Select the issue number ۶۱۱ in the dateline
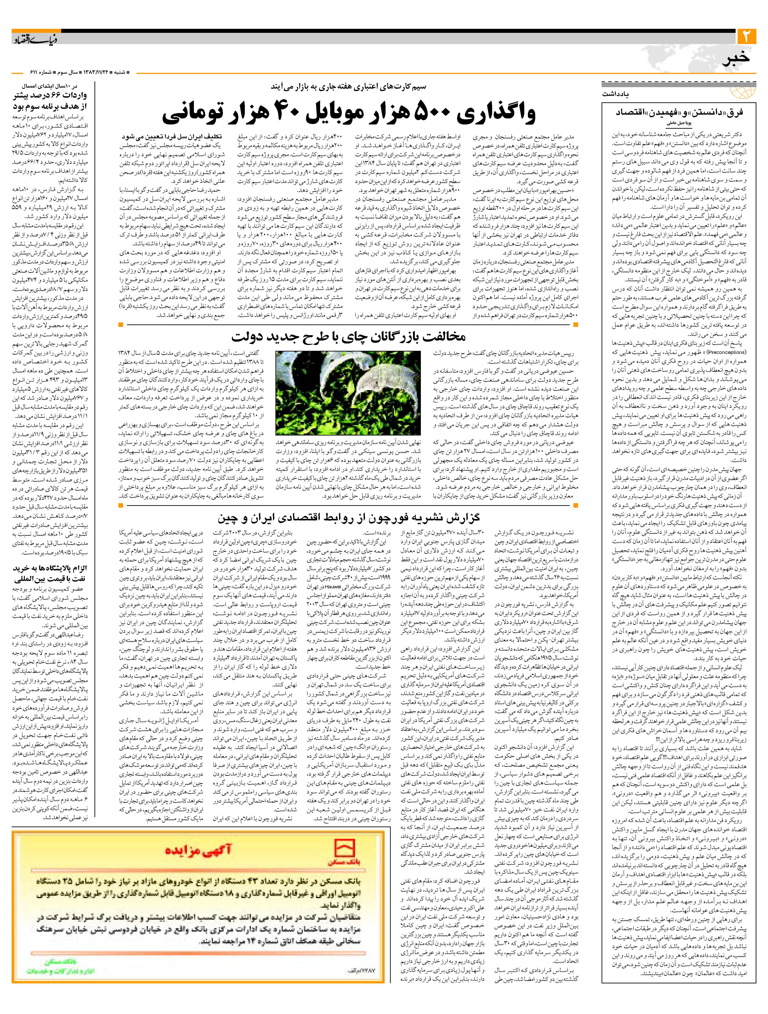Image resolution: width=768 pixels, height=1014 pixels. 19,72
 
